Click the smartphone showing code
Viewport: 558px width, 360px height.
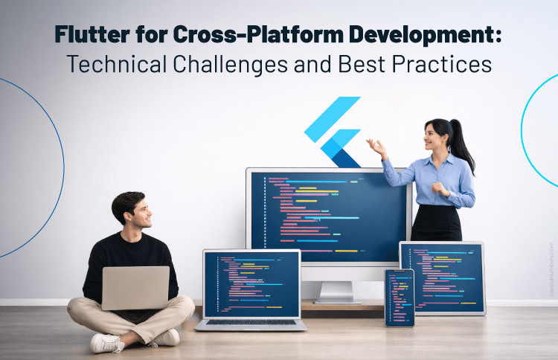pyautogui.click(x=399, y=297)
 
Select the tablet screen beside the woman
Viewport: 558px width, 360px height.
pyautogui.click(x=442, y=277)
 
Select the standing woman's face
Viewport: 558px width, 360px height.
pyautogui.click(x=434, y=137)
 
